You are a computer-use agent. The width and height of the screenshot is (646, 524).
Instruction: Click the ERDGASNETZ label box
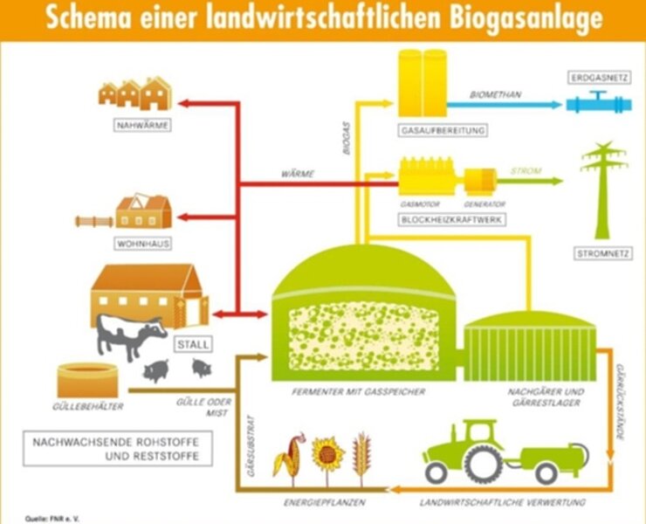(x=599, y=77)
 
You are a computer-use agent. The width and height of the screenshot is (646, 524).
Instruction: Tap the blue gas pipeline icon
(x=598, y=103)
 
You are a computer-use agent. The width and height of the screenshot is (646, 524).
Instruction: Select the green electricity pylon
(x=602, y=190)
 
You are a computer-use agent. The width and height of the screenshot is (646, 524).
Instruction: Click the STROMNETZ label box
(x=602, y=253)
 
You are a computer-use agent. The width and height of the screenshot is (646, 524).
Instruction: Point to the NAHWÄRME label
(x=142, y=126)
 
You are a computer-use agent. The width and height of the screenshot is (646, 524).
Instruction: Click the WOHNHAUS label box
(x=143, y=244)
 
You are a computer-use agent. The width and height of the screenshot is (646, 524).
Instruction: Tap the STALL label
(x=193, y=344)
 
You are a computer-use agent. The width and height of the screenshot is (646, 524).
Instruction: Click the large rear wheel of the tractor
(x=482, y=464)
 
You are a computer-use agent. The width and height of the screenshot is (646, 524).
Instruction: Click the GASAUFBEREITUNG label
(x=443, y=131)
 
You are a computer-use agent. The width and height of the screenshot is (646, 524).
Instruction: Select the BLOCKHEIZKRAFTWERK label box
(x=451, y=219)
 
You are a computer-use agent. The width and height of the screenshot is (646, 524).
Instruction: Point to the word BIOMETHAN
(x=495, y=95)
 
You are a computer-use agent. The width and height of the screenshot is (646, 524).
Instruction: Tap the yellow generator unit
(x=480, y=181)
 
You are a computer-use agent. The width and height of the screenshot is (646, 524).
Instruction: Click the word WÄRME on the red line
(x=298, y=174)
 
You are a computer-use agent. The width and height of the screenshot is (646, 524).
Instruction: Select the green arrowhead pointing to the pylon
(x=558, y=181)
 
